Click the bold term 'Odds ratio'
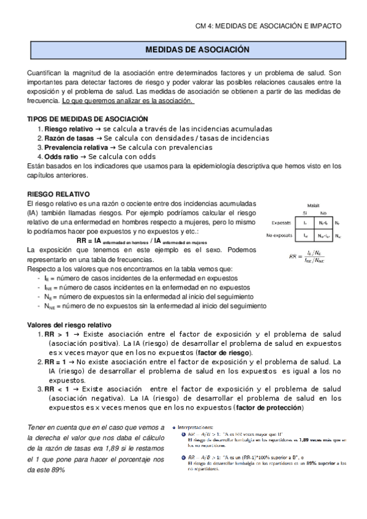[x=61, y=157]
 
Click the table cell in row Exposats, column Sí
[x=305, y=223]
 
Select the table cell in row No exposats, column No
[x=325, y=235]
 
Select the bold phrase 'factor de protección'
[x=269, y=408]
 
